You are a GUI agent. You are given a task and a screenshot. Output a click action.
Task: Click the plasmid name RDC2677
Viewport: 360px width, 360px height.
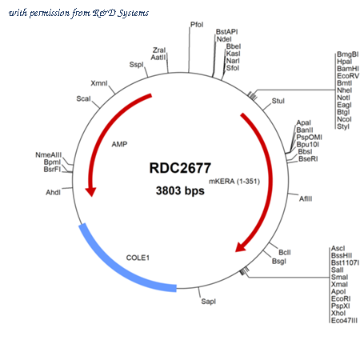(180, 168)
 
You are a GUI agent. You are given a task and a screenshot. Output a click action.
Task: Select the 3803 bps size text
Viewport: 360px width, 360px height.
(180, 190)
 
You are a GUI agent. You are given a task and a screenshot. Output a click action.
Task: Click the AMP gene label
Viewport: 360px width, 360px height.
(119, 144)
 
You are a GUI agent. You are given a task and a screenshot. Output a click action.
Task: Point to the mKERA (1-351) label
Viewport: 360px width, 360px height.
(234, 182)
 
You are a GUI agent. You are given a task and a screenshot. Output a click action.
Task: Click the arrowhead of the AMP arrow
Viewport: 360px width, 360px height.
(90, 192)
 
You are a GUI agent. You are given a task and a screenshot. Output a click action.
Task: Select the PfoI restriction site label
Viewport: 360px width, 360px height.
(197, 25)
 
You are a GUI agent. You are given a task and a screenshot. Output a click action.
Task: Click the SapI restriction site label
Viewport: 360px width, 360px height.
(208, 302)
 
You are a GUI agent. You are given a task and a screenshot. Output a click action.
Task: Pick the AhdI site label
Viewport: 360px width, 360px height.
(53, 192)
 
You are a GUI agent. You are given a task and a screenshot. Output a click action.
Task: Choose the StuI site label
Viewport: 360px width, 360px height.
(278, 101)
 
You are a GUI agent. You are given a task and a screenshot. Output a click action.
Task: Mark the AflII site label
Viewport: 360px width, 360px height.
(306, 198)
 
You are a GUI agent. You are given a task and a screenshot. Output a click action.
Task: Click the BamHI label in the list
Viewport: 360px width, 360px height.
(348, 69)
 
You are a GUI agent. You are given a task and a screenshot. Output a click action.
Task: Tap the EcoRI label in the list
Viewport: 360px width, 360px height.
(341, 298)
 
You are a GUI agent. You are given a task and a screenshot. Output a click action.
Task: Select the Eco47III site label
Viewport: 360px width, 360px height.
(344, 321)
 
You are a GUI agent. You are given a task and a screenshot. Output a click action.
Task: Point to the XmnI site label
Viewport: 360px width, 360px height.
(99, 83)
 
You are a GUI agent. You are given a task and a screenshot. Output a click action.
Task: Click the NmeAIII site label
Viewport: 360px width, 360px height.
(49, 155)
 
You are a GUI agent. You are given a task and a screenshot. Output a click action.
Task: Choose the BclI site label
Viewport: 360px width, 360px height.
(285, 252)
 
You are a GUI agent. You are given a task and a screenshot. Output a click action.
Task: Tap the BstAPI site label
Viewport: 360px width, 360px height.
(226, 32)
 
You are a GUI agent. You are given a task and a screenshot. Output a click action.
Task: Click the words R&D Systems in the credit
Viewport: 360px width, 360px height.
(121, 13)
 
